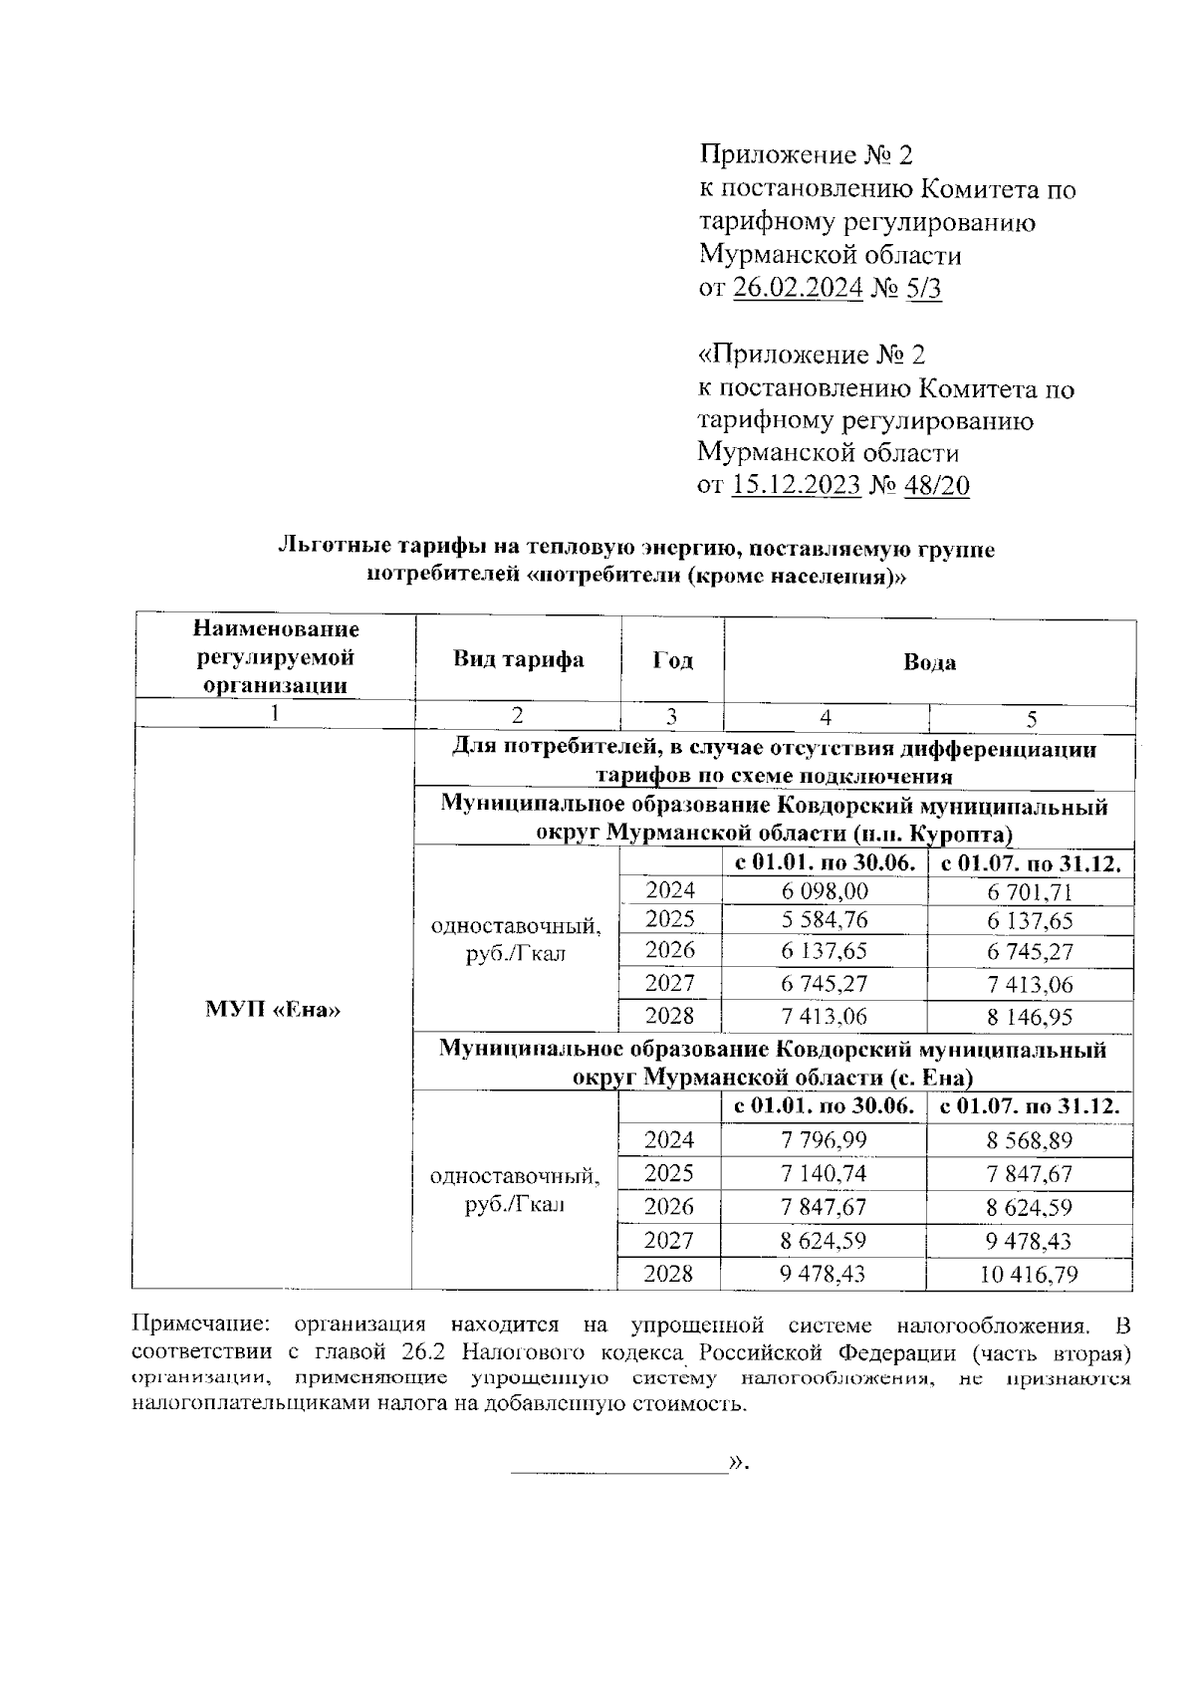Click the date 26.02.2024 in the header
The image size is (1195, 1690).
coord(798,289)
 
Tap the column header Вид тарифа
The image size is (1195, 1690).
coord(518,659)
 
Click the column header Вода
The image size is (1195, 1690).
coord(929,662)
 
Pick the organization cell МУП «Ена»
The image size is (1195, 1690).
coord(273,1010)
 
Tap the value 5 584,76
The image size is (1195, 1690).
coord(825,920)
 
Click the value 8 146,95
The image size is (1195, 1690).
coord(1030,1018)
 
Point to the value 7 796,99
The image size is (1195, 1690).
coord(825,1140)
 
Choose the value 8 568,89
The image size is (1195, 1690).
coord(1030,1141)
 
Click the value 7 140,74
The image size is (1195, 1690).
coord(825,1174)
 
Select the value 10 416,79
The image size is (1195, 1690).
coord(1030,1275)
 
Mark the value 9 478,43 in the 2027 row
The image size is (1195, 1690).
coord(1030,1241)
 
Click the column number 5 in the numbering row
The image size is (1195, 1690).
coord(1032,719)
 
